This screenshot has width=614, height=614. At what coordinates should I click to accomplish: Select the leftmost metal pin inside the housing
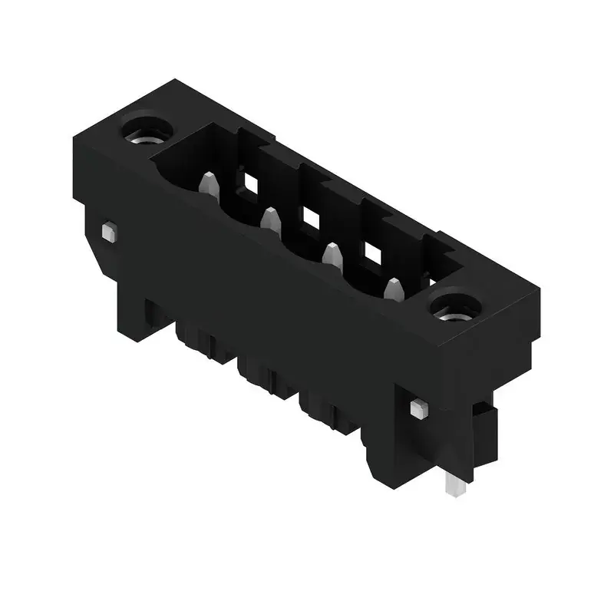tap(207, 184)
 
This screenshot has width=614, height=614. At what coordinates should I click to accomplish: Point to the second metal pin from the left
tap(269, 220)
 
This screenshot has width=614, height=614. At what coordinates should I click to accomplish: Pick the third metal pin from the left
tap(332, 256)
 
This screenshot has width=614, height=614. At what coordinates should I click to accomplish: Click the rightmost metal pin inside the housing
tap(393, 290)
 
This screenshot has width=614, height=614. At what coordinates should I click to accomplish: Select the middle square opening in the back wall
tap(310, 218)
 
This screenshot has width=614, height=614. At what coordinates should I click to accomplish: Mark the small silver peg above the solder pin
tap(418, 408)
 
